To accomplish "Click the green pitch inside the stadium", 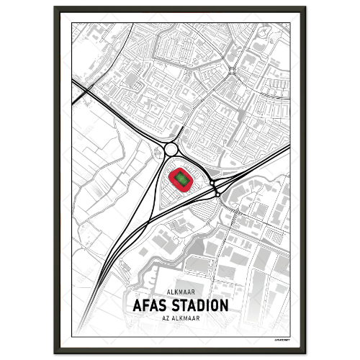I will coord(180,177).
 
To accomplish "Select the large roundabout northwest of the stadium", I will coord(171,150).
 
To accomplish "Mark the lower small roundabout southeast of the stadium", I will coord(217,194).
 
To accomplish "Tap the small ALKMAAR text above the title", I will coord(180,292).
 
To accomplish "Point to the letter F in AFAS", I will coord(144,305).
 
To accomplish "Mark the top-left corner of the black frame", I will coord(55,7).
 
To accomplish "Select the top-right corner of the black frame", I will coord(305,7).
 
